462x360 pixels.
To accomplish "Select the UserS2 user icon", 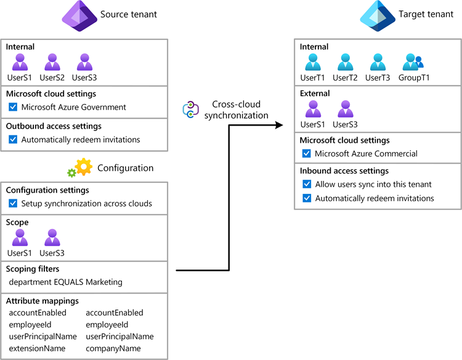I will pos(52,62).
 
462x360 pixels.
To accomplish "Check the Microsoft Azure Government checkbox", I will pos(13,107).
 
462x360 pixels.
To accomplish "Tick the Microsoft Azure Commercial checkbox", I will pos(307,153).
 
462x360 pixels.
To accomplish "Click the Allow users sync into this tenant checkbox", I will pos(307,184).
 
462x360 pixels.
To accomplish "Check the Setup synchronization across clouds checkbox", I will pos(13,204).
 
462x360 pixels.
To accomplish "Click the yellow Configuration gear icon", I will pos(83,167).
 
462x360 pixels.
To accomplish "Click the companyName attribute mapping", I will pos(113,348).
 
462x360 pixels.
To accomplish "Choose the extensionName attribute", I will pos(36,348).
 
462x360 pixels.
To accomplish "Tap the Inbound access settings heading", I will pos(344,171).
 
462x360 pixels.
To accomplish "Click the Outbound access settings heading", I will pos(54,126).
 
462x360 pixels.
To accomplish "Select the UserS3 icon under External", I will pos(345,109).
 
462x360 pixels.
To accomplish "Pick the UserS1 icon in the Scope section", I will pos(20,238).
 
